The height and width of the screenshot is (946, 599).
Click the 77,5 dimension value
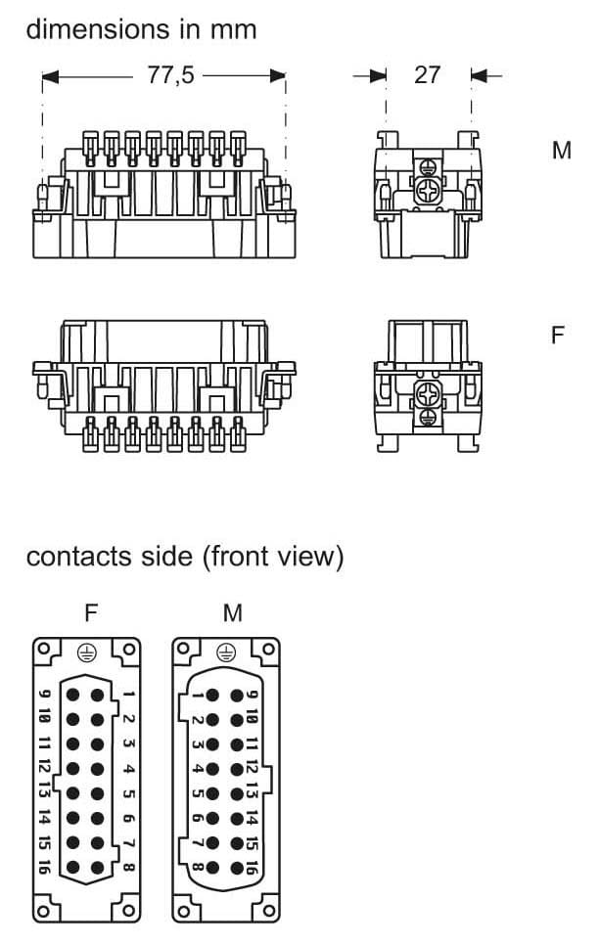171,75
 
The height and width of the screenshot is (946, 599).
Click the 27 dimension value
428,75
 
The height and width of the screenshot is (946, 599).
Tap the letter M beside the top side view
561,152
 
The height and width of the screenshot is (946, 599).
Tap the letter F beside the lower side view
558,336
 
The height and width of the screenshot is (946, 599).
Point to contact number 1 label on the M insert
198,696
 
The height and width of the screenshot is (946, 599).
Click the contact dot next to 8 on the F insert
98,866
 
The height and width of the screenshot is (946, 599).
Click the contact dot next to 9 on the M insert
236,696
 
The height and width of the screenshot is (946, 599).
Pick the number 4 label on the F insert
128,769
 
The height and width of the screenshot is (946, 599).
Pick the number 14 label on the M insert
252,818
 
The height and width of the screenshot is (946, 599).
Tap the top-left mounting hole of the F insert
42,650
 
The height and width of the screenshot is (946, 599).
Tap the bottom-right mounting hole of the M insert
267,912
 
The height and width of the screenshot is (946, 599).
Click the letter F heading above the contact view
91,613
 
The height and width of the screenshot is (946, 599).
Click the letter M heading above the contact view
233,613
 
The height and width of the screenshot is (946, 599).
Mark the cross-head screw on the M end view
428,191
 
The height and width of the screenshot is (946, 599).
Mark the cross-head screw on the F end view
428,394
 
